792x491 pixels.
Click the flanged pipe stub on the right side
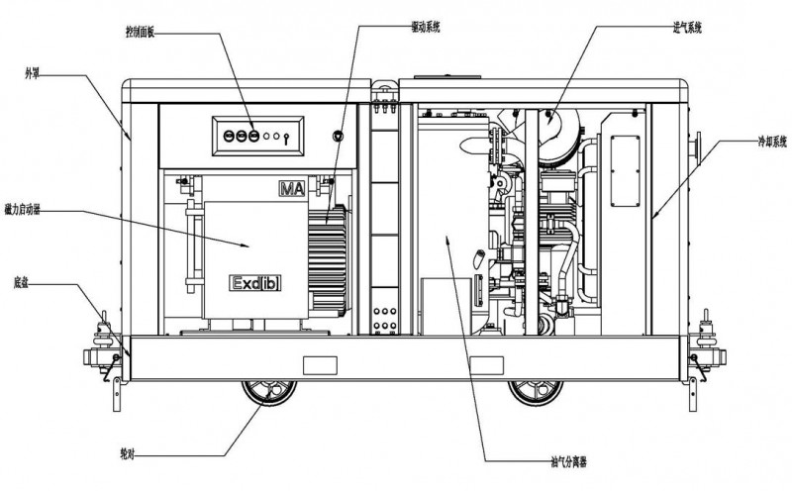coord(699,149)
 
